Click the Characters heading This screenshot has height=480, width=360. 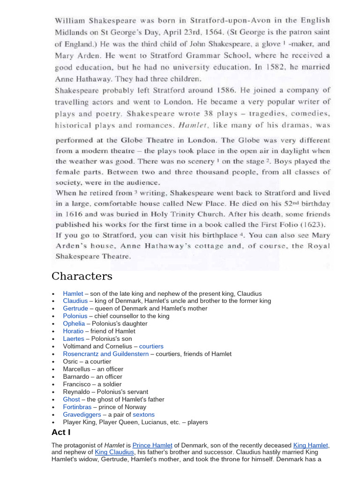coord(82,276)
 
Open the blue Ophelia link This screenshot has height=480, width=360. coord(74,324)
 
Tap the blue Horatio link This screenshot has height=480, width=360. coord(73,331)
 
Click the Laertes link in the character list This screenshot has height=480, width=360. coord(74,339)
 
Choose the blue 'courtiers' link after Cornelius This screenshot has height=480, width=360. coord(151,346)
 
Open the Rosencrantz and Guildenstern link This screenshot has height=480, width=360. coord(105,354)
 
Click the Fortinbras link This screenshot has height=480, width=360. coord(77,407)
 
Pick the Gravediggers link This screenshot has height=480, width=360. coord(82,414)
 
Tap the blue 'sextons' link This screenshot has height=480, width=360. coord(143,414)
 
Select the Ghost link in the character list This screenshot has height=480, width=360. coord(72,399)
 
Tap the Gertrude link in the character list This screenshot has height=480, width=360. coord(75,308)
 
